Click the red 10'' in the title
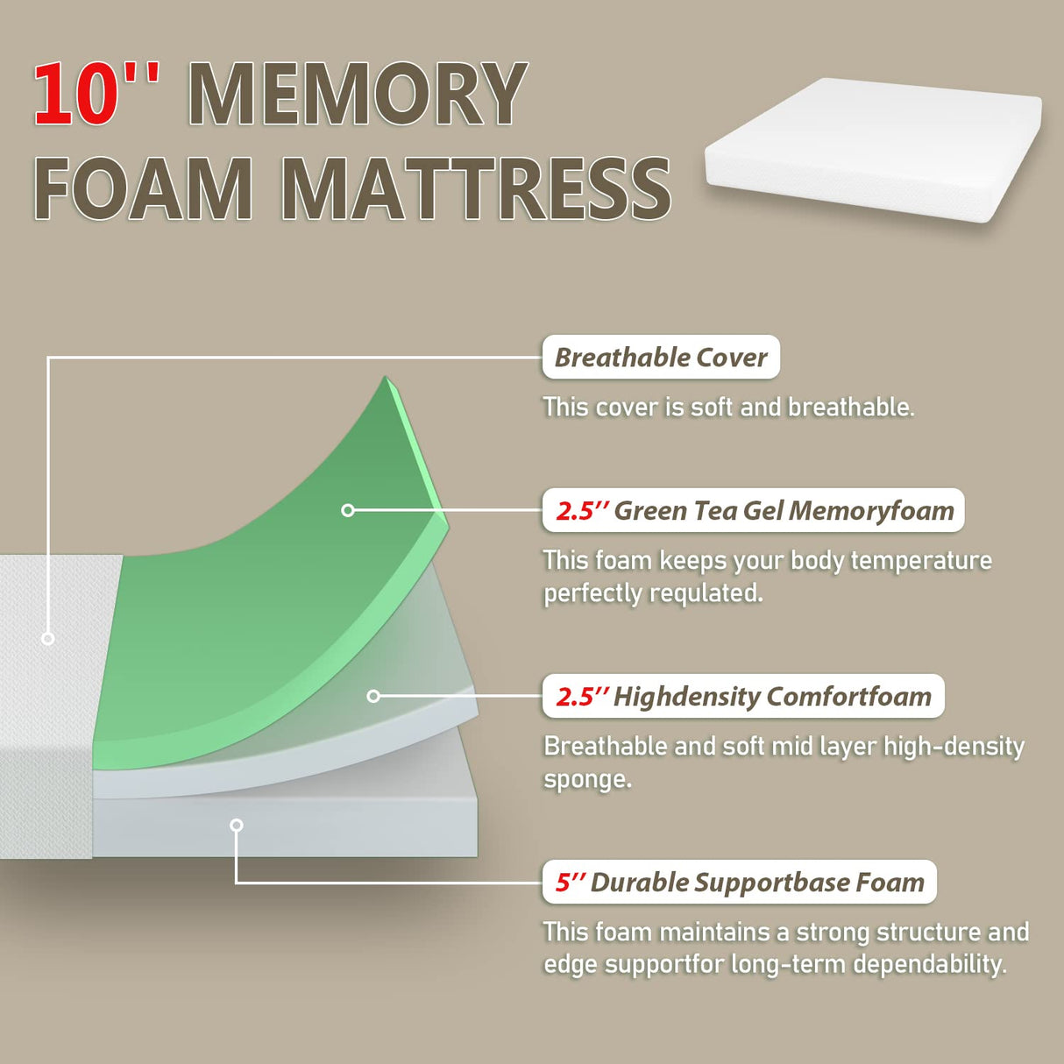pos(96,95)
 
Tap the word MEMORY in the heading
pos(358,95)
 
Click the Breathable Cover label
pos(661,358)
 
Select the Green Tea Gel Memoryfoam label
pos(754,511)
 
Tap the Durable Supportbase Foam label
pos(740,883)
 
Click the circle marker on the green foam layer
pos(348,510)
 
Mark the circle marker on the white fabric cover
pos(48,639)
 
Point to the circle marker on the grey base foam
pos(236,825)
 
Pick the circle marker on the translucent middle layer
pos(373,696)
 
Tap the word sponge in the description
pos(586,779)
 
